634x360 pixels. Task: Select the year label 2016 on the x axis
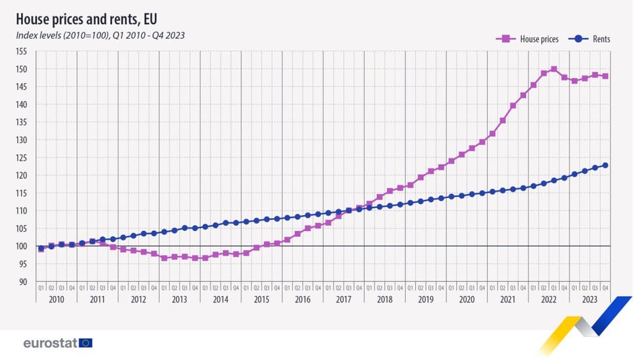pyautogui.click(x=302, y=299)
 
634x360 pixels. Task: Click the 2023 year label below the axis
pyautogui.click(x=589, y=299)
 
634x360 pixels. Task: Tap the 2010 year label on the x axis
pyautogui.click(x=56, y=299)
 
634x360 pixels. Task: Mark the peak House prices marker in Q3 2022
pyautogui.click(x=554, y=69)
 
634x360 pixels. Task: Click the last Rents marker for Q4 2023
pyautogui.click(x=605, y=165)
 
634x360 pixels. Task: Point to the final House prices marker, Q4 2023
pyautogui.click(x=605, y=76)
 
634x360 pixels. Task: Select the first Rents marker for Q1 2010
pyautogui.click(x=41, y=248)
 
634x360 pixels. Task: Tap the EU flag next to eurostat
pyautogui.click(x=85, y=343)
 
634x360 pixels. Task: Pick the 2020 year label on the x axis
pyautogui.click(x=466, y=299)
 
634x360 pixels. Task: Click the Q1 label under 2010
pyautogui.click(x=41, y=288)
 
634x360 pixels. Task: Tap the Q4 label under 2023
pyautogui.click(x=605, y=288)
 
